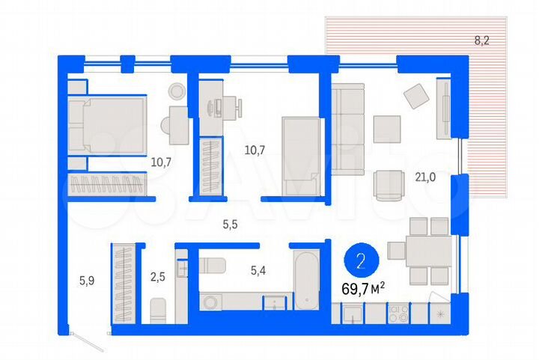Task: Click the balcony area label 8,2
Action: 481,40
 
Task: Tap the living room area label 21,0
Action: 426,177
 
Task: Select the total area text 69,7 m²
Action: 363,287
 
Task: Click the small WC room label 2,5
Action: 158,277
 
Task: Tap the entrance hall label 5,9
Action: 87,281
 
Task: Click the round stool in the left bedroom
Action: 177,91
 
